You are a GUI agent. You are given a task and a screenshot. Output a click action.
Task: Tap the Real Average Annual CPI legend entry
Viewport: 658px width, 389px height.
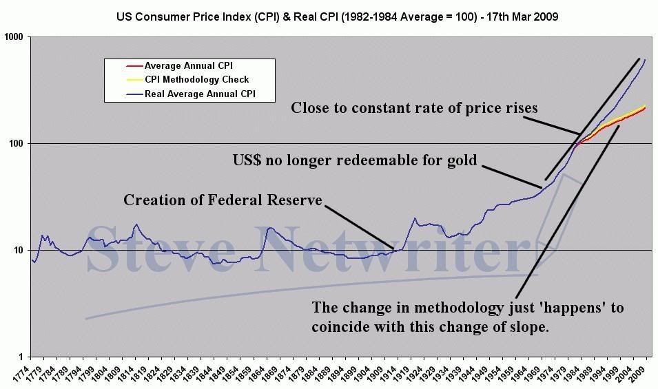[200, 94]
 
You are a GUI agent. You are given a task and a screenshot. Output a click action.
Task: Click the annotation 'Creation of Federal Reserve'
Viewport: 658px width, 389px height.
[223, 200]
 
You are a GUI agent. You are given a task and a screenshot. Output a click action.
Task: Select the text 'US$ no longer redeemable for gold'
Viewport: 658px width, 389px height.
[354, 160]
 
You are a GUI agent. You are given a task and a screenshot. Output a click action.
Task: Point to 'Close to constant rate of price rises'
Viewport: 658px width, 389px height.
[414, 107]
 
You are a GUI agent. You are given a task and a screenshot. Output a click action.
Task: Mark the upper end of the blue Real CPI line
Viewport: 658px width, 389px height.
[645, 60]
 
